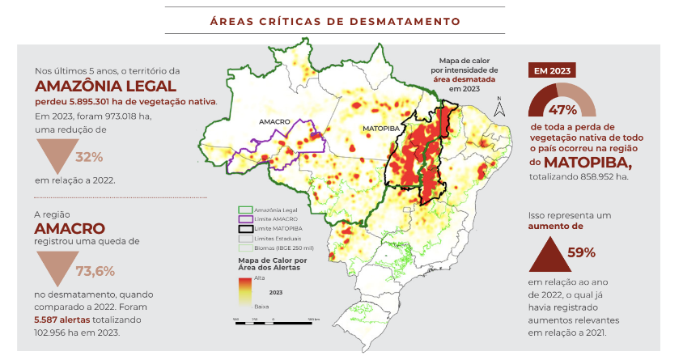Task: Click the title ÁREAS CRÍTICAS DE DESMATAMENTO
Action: tap(341, 19)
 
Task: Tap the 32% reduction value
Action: tap(89, 156)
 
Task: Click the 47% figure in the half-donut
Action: tap(562, 109)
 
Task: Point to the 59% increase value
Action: tap(581, 252)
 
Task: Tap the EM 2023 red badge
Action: tap(550, 70)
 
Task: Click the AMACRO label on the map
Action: tap(274, 121)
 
